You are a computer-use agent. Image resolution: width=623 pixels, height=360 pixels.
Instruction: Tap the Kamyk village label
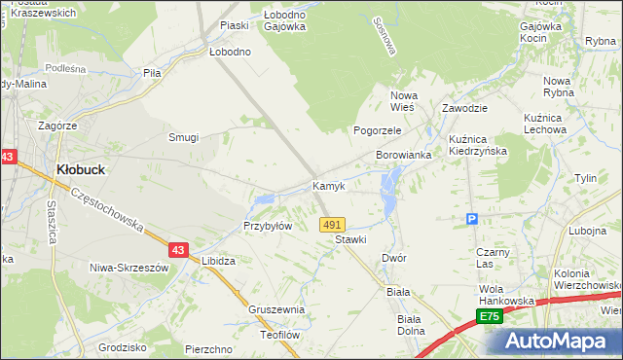click(328, 185)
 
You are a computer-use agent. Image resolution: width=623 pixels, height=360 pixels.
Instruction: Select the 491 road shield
click(332, 224)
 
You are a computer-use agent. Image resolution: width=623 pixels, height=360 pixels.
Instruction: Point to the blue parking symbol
click(472, 219)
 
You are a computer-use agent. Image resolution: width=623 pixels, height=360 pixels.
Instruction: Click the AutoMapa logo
click(561, 342)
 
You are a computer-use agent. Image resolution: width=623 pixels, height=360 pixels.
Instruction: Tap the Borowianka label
click(403, 156)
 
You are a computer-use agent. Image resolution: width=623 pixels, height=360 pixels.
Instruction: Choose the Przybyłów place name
click(268, 226)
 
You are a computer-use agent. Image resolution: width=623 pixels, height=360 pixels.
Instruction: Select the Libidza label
click(218, 262)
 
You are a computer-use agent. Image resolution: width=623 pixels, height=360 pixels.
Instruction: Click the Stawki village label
click(349, 239)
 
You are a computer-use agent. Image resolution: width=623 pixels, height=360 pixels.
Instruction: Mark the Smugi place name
click(183, 137)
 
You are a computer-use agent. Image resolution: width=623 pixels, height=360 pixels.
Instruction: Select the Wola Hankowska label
click(506, 295)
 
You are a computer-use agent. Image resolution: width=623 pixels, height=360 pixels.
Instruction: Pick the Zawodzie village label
click(463, 109)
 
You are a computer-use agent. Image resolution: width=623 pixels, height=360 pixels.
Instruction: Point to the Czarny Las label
click(487, 258)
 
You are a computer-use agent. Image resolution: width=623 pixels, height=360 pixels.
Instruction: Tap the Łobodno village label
click(230, 52)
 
